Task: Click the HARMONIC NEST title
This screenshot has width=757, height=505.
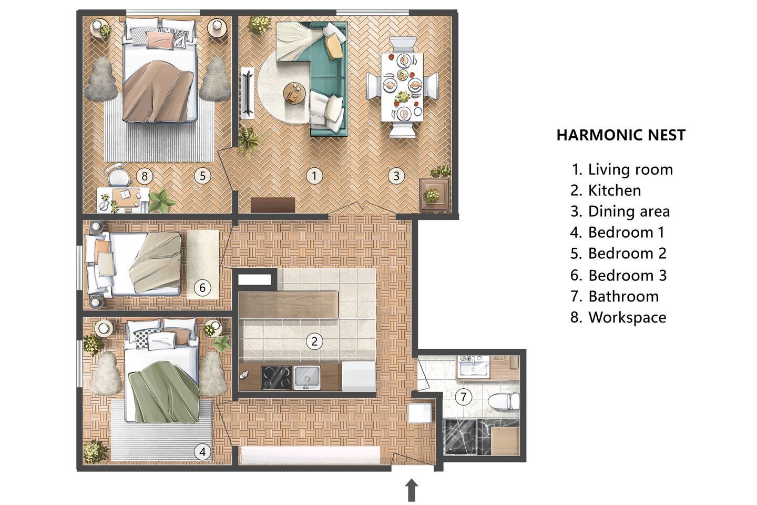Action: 621,135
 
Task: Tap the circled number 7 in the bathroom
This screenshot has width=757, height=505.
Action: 463,397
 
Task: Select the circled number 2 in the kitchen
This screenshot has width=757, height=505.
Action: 314,341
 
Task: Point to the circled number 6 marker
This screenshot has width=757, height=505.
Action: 202,288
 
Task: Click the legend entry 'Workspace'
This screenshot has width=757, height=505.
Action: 627,318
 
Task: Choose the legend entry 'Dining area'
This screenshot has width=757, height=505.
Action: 629,211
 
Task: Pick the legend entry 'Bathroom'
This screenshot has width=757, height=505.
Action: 623,296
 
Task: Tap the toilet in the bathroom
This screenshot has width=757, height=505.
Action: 504,401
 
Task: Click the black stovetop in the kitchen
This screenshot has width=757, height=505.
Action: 276,378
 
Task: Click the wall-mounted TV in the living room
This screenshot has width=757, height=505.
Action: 248,93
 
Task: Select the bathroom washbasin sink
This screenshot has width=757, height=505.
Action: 473,367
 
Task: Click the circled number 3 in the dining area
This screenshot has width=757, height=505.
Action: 396,176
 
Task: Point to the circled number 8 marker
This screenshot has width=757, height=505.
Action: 145,176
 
